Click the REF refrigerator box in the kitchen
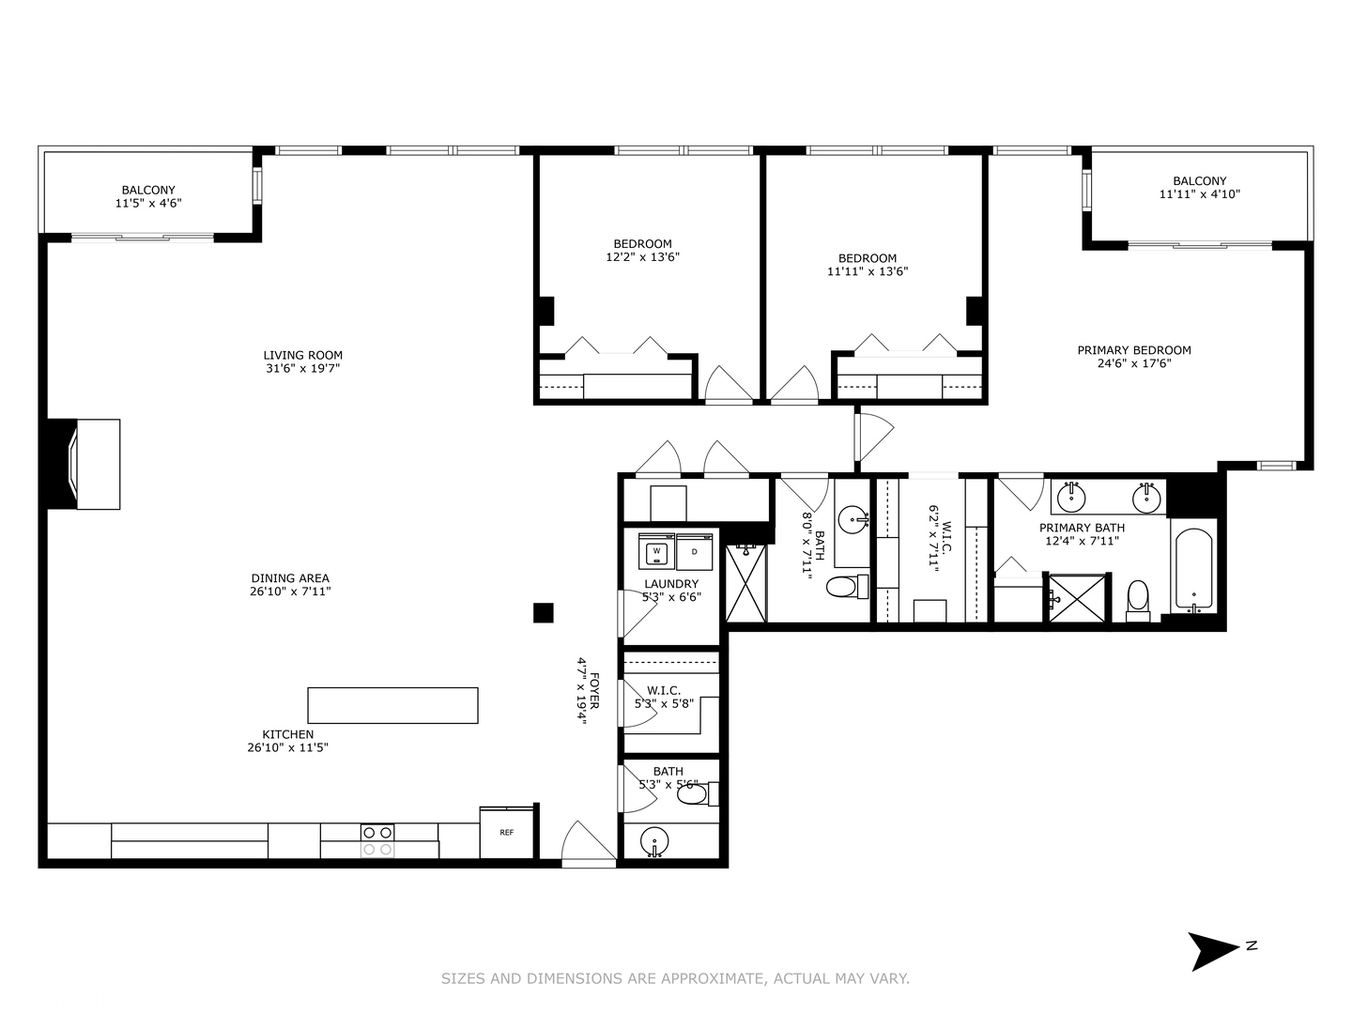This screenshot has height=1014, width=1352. (x=506, y=833)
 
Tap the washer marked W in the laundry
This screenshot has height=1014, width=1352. (x=657, y=551)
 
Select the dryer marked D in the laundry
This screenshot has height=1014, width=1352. (x=695, y=551)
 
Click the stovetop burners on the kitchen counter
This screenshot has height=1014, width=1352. (x=377, y=840)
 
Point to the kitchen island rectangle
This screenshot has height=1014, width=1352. (x=392, y=705)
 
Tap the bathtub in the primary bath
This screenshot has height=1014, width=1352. (x=1193, y=571)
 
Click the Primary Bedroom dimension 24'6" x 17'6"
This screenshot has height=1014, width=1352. (x=1134, y=363)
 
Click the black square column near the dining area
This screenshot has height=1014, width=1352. (x=543, y=613)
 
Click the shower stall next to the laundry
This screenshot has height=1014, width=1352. (x=746, y=584)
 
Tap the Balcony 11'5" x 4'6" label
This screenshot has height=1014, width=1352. (x=148, y=196)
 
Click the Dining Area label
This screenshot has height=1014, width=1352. (x=290, y=585)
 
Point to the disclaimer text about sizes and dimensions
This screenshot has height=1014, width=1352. (x=675, y=978)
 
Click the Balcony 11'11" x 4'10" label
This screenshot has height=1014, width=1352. (x=1199, y=188)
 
